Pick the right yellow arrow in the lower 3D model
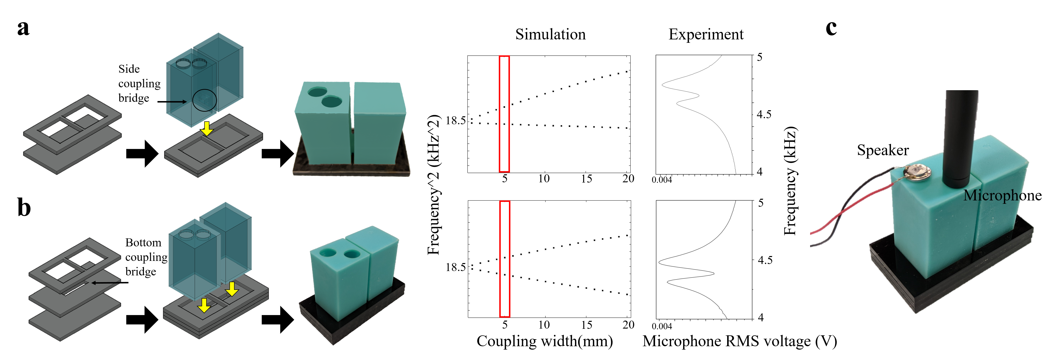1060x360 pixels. coord(232,289)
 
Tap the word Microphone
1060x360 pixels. coord(992,195)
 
